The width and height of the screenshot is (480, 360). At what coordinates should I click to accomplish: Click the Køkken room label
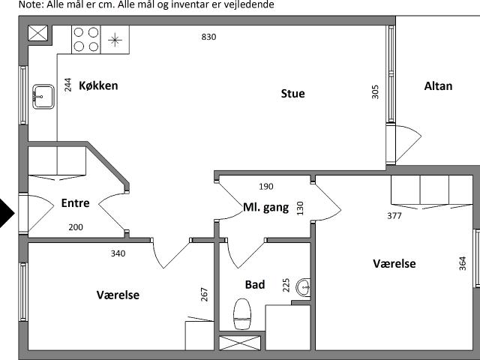click(x=98, y=85)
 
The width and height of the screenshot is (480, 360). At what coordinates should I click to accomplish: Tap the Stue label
click(x=293, y=94)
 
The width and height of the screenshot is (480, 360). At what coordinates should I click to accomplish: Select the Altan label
click(x=438, y=86)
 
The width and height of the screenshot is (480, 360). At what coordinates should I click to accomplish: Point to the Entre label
click(x=75, y=203)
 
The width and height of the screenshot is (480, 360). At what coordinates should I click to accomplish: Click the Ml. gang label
click(x=265, y=208)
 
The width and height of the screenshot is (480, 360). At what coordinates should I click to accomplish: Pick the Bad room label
click(x=255, y=285)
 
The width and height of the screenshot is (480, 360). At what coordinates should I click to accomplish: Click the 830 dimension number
click(x=208, y=37)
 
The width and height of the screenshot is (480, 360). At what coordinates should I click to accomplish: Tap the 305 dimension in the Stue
click(x=375, y=91)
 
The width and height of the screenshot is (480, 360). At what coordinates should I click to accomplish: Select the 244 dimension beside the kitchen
click(x=67, y=85)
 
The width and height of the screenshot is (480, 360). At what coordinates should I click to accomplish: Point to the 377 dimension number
click(x=394, y=216)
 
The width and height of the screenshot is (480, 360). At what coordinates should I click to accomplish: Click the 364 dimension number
click(x=462, y=263)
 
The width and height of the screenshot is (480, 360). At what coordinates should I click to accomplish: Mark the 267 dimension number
click(x=204, y=295)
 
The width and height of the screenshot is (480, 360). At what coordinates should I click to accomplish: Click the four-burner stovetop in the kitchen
click(x=86, y=40)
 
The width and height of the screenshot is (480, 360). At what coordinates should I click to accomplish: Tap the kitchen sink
click(x=43, y=97)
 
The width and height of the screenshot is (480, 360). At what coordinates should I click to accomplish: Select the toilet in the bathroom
click(x=242, y=314)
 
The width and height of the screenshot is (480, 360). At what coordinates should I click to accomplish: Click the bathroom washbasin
click(x=303, y=287)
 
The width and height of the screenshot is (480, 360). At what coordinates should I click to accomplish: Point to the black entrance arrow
click(x=7, y=213)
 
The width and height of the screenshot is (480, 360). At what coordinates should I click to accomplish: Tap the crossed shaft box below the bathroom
click(x=240, y=343)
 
